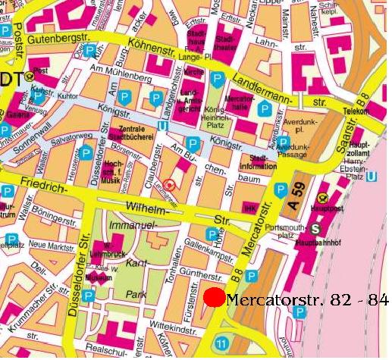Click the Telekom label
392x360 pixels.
click(355, 110)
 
